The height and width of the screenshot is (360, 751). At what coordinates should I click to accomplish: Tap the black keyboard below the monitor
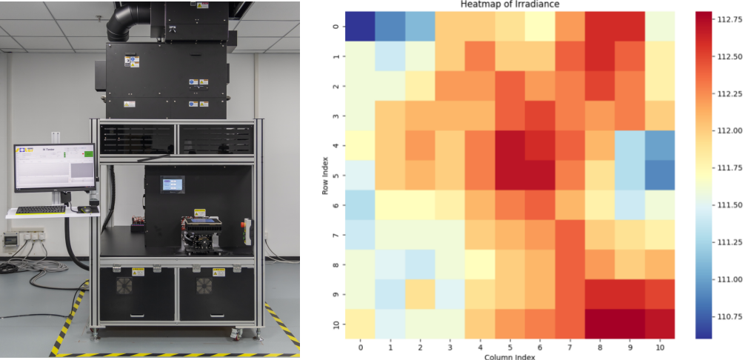point(40,210)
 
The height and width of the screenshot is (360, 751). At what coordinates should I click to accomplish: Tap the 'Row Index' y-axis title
point(326,175)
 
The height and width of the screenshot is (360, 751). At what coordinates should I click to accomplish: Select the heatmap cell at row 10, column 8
point(598,324)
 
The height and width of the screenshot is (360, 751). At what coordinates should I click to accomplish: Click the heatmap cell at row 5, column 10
point(658,175)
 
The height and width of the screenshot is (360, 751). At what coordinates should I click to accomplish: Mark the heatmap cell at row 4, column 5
point(509,145)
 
